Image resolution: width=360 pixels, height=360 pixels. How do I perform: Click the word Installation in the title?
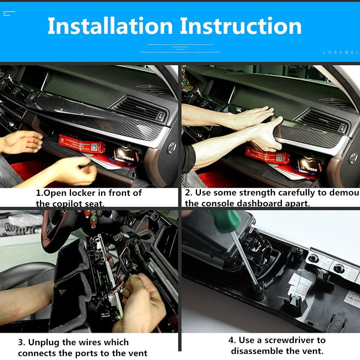[110, 26]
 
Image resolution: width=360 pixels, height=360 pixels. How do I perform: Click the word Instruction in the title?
[240, 26]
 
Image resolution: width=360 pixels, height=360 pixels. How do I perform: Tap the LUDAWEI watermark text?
[340, 52]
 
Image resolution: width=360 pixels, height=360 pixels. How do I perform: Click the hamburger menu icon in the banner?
[9, 14]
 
